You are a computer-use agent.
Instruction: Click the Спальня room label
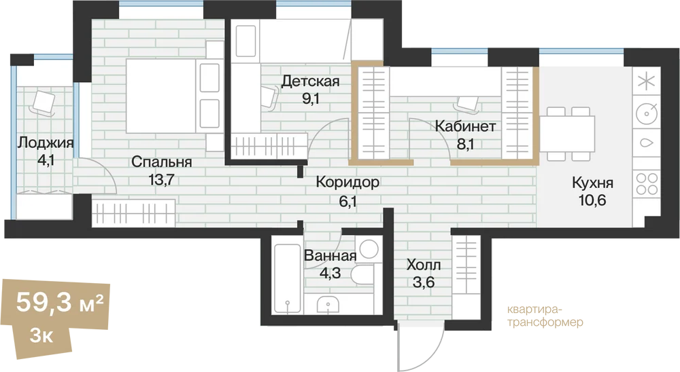pos(161,162)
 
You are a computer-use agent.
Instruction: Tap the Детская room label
pos(310,81)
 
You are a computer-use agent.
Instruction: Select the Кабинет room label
pos(465,126)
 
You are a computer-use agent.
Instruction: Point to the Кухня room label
pos(592,183)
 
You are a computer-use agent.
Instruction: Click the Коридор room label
pos(347,183)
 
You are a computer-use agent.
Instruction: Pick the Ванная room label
pos(330,255)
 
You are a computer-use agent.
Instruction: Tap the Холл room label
pos(424,265)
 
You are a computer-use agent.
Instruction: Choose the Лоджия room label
pos(45,143)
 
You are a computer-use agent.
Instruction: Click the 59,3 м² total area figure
pos(60,302)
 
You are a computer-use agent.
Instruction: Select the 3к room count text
pos(41,335)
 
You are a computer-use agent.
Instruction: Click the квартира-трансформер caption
pos(545,316)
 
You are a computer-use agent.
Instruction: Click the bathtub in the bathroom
pos(287,278)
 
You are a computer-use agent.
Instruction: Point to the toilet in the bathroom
pos(363,275)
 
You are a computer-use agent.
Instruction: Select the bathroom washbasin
pos(328,303)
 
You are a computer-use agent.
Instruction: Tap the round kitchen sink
pos(647,114)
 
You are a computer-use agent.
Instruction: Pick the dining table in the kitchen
pos(567,133)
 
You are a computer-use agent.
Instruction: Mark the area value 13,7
pos(161,179)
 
